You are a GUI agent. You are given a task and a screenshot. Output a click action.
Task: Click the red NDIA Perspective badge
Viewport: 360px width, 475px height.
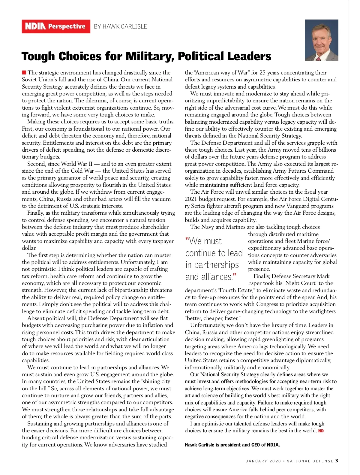tap(56, 26)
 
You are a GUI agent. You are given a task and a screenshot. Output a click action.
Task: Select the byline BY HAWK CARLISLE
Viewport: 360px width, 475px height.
tap(120, 26)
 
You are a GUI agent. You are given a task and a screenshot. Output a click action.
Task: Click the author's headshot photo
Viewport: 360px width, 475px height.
tap(321, 40)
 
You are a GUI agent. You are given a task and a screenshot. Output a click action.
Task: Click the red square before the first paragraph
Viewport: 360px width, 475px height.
tap(24, 72)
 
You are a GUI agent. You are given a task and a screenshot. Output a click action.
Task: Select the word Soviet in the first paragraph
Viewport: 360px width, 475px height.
tap(30, 80)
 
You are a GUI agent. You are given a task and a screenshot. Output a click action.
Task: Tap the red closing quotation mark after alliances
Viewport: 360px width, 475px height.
tap(235, 275)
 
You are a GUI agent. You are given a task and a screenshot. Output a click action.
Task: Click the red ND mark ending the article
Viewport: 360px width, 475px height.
tap(321, 431)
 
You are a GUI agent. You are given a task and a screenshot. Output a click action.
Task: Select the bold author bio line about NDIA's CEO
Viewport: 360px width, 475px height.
tap(232, 445)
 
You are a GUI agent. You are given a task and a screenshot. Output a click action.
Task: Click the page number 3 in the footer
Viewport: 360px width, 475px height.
tap(337, 461)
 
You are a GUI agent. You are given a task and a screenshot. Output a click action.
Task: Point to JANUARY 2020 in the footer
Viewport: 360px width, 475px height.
tap(263, 461)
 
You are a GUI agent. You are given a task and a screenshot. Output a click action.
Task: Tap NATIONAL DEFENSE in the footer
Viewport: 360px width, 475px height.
tap(310, 461)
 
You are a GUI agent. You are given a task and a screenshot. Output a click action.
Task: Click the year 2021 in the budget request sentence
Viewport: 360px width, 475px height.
tap(191, 199)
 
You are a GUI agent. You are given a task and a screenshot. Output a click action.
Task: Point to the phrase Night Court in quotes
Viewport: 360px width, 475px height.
tap(296, 283)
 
